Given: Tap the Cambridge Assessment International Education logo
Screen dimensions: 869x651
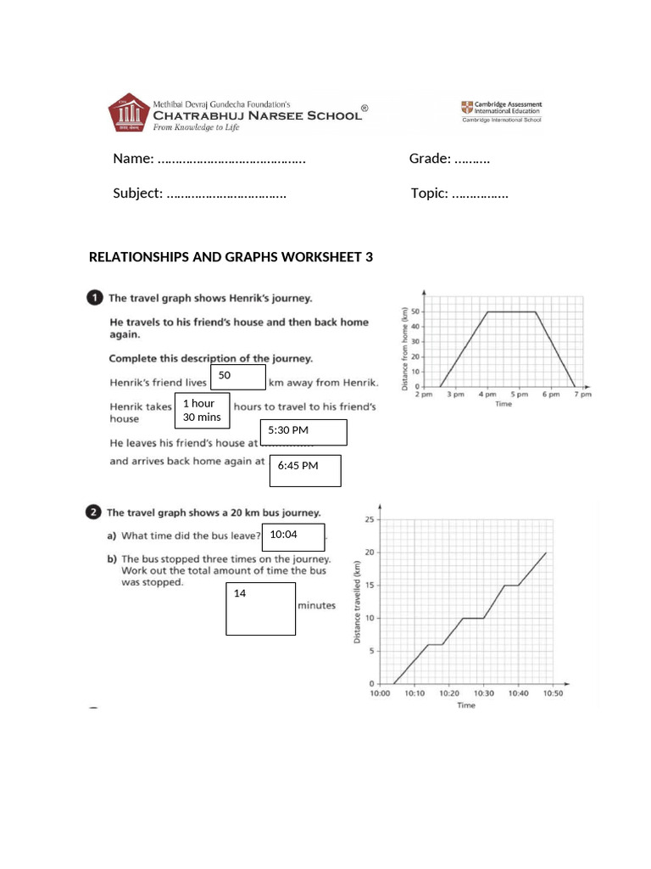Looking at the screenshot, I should (x=501, y=111).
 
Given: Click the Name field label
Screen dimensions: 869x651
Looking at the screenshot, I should (x=133, y=159).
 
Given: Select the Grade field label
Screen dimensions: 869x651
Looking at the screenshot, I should (x=430, y=159).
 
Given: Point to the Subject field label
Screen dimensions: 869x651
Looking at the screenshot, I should (x=137, y=193).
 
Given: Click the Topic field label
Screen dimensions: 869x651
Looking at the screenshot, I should (x=429, y=193).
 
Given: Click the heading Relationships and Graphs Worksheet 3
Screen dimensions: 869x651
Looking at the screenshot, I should (x=231, y=257).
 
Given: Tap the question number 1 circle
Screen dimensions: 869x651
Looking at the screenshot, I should (x=94, y=298).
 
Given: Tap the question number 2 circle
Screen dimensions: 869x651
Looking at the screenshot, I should (x=94, y=512).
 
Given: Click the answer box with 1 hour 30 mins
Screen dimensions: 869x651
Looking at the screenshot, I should (x=202, y=410).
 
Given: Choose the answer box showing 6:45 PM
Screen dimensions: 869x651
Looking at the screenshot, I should (x=305, y=470).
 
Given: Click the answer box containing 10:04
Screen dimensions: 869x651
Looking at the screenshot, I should (x=294, y=537).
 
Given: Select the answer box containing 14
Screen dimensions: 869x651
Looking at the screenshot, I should (x=260, y=608).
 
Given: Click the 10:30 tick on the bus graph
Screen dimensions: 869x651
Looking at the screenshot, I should (x=483, y=693).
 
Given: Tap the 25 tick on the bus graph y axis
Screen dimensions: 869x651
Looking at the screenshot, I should (x=368, y=519).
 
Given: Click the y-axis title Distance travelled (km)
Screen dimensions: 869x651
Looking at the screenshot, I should (x=357, y=603).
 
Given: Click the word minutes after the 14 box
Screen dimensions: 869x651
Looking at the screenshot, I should (x=316, y=606).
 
